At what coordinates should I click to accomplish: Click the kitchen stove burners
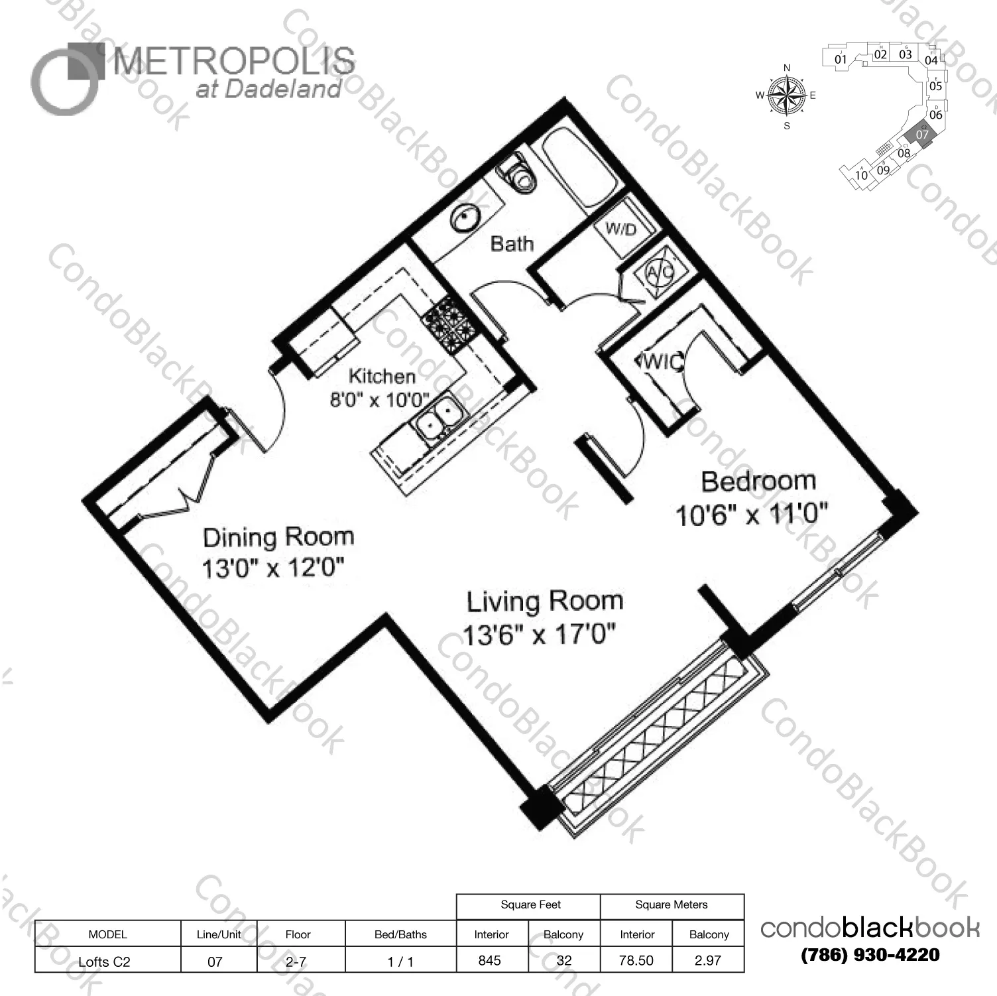click(x=449, y=322)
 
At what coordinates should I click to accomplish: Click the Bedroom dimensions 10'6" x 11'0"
click(x=752, y=515)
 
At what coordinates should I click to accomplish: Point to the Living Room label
click(x=545, y=601)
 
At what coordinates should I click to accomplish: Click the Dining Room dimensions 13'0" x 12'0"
click(x=273, y=568)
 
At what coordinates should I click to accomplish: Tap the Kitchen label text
click(x=382, y=376)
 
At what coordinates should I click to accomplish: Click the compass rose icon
click(x=786, y=95)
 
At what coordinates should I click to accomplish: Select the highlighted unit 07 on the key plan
click(x=921, y=134)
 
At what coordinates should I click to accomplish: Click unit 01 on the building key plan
click(x=840, y=59)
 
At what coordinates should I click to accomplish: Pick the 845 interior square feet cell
click(x=490, y=960)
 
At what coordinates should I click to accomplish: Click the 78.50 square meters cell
click(x=636, y=960)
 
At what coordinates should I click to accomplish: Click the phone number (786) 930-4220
click(x=870, y=955)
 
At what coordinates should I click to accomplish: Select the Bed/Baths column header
click(x=400, y=934)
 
